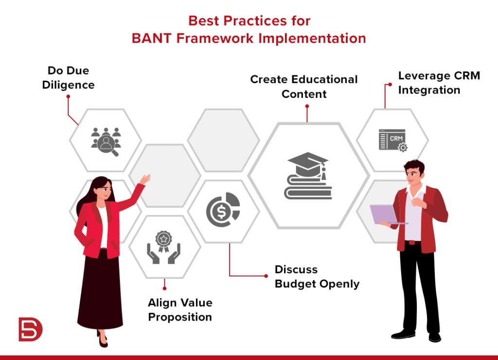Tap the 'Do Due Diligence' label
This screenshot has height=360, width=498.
click(68, 78)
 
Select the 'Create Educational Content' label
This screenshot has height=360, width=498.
click(304, 86)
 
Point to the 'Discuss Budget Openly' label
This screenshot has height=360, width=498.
click(317, 277)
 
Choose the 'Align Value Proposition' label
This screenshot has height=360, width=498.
click(180, 310)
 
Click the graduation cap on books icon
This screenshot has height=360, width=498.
click(307, 176)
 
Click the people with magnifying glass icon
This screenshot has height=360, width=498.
click(106, 141)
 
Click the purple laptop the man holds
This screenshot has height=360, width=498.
click(384, 214)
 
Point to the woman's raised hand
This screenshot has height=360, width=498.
click(145, 179)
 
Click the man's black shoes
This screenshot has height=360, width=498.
click(416, 335)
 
